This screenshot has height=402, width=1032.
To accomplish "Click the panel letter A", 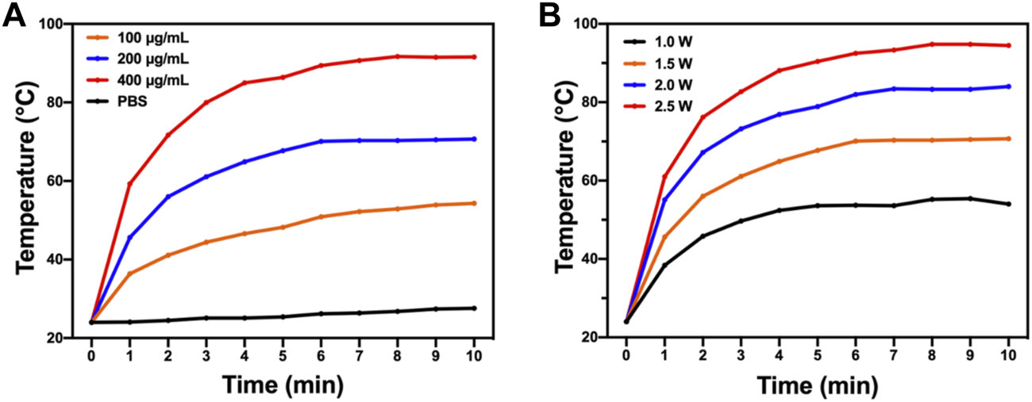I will tap(16, 17).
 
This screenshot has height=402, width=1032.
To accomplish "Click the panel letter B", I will tap(550, 17).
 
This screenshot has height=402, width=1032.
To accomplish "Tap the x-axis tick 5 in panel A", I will tap(283, 355).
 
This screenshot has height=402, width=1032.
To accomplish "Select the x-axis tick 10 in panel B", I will tap(1008, 355).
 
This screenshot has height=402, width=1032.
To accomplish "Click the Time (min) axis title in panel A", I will tap(283, 386).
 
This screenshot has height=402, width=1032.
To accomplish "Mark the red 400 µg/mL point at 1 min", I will tap(129, 184).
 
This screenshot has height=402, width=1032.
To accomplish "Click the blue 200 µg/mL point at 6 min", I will tap(321, 141).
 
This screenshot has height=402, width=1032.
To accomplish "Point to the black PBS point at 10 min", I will tap(474, 308).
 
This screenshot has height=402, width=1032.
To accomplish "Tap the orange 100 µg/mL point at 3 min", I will tap(206, 242).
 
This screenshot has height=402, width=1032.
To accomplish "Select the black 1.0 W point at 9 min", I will tap(970, 198).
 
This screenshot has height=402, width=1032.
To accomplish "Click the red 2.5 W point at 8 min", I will tap(932, 44).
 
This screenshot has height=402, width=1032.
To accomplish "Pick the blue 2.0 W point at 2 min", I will tap(703, 152).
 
